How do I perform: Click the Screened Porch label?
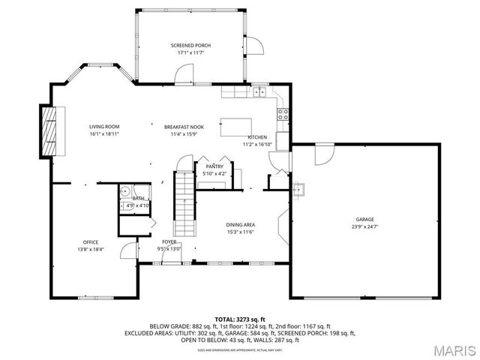[x=190, y=46]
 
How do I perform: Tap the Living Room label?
[x=105, y=127]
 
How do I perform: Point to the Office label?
[x=91, y=242]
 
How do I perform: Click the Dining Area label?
[x=241, y=224]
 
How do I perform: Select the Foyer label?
[x=169, y=242]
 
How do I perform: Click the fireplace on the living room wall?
[x=49, y=132]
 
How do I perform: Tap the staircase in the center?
[x=184, y=203]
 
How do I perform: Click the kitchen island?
[x=234, y=127]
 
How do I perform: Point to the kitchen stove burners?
[x=283, y=115]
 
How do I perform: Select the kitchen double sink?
[x=259, y=92]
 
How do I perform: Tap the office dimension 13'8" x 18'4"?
[x=91, y=250]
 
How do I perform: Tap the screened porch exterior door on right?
[x=256, y=46]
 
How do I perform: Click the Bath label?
[x=139, y=198]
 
